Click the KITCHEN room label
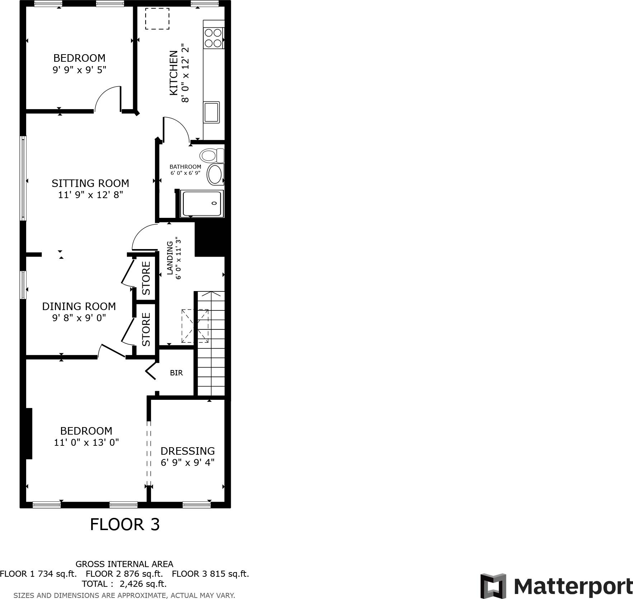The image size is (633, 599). pos(173,73)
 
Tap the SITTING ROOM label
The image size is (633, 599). pos(90,183)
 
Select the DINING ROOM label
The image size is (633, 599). pos(79,306)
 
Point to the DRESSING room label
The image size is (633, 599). pos(188,451)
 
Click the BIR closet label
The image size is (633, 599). pos(176,373)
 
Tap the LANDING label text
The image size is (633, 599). pos(170,258)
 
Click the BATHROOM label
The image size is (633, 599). pos(185,167)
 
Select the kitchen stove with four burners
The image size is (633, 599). pos(213,38)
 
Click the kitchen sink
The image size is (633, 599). pos(211,112)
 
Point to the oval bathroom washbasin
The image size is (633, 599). pos(215,174)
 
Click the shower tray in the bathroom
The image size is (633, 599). pos(202,203)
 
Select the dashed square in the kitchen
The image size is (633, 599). pos(157,19)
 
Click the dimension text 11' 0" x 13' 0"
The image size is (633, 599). pos(86,443)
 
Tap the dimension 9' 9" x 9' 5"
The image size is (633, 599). pos(80,70)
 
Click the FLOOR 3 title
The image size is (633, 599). pos(125,524)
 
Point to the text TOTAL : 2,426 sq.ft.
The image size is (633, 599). pos(124,584)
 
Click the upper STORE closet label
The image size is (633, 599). pos(146,278)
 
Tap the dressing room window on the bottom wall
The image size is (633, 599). pos(196,505)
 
